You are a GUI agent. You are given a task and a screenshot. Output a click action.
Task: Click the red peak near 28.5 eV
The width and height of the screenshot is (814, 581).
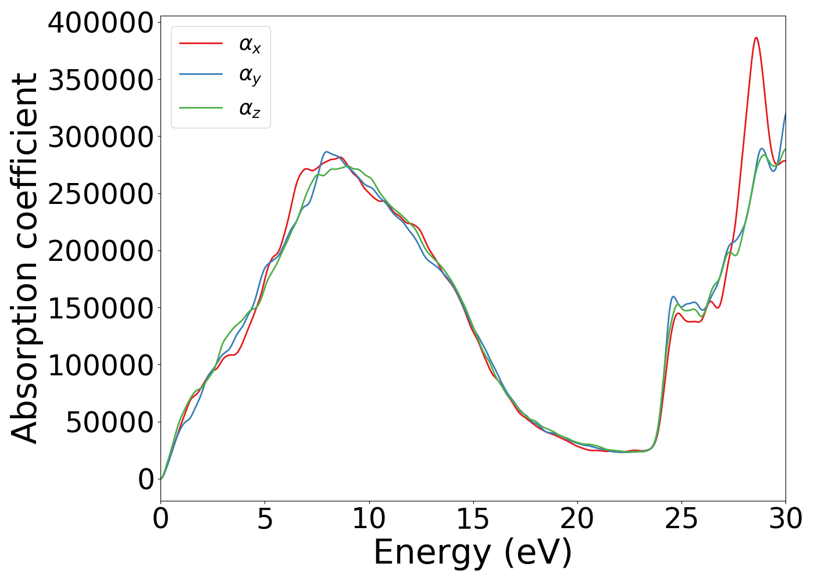pos(756,38)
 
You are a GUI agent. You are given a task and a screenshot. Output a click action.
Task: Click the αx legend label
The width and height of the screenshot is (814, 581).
pos(250,45)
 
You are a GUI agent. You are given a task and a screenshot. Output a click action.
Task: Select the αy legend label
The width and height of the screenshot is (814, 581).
pos(250,76)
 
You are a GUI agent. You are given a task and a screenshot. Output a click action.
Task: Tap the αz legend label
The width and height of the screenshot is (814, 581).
pos(250,109)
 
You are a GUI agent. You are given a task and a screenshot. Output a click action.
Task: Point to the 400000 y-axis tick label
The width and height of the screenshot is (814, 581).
pos(101,23)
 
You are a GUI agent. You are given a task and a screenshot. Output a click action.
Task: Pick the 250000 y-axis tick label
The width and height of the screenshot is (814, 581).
pos(101,194)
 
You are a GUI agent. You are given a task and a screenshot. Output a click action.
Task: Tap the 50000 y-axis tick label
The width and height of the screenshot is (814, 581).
pos(109,422)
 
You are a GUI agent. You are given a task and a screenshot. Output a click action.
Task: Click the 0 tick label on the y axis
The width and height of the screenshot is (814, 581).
pos(146,479)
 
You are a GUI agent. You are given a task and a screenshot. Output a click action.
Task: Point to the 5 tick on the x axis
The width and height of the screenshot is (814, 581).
pos(265,519)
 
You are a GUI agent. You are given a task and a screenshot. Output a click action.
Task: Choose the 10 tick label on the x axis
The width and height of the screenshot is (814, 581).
pos(369,519)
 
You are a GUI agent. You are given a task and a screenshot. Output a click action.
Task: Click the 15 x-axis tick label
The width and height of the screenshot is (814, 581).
pos(473,519)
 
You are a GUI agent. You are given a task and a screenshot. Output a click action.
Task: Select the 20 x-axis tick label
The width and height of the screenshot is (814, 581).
pos(577,519)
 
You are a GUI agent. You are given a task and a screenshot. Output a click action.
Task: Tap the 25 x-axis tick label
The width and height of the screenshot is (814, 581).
pos(681,519)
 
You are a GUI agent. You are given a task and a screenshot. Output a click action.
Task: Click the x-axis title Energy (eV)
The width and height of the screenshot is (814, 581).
pos(473,553)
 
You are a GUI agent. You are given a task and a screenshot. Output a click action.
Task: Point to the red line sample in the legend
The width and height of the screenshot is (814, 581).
pos(201,43)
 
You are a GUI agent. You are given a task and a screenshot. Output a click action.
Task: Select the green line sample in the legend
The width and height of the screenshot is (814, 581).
pos(201,107)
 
